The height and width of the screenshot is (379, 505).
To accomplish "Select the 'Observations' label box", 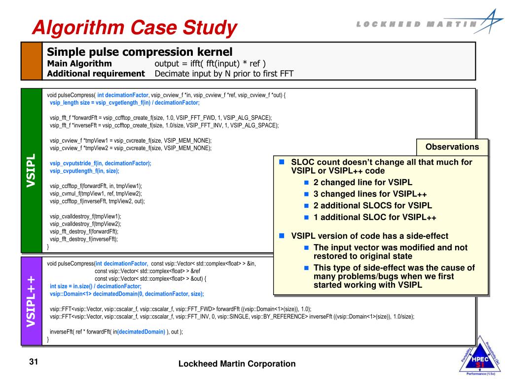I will [x=452, y=147].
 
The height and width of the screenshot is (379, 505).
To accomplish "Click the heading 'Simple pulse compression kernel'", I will [x=139, y=52].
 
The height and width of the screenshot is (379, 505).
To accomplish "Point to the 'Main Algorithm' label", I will [x=79, y=64].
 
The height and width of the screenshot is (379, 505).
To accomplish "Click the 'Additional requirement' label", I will [x=96, y=74].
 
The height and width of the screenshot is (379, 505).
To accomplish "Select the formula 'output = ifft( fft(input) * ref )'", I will [x=210, y=64].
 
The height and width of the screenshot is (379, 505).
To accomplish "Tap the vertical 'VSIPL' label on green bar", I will [x=31, y=170].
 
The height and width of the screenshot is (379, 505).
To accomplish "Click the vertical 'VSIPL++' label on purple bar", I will [x=31, y=301].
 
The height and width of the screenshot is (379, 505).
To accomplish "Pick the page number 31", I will [x=34, y=363].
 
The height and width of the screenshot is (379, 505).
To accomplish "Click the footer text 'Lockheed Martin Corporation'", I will [x=237, y=364].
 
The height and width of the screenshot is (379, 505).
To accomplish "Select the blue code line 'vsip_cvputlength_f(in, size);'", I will [x=84, y=171].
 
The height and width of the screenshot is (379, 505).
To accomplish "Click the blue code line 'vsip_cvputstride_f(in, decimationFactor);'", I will [x=101, y=163].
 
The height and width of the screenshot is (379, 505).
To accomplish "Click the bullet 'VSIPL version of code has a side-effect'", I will [x=369, y=236].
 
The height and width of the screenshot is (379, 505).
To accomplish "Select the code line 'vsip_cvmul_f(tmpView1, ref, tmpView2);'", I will [x=96, y=193].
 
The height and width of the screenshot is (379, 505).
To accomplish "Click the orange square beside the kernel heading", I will [x=31, y=61].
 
